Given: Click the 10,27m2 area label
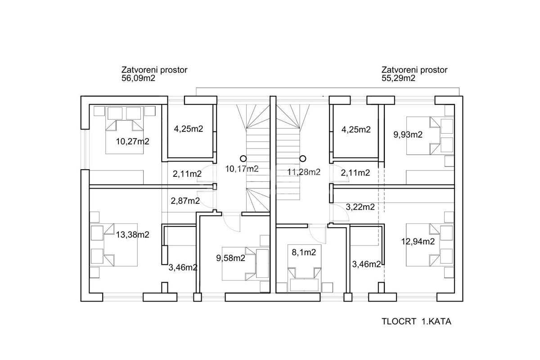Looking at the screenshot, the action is [x=133, y=141].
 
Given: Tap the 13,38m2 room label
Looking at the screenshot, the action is [x=133, y=234].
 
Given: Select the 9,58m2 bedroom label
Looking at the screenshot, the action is [x=231, y=258].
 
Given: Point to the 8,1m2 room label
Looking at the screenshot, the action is [x=304, y=252].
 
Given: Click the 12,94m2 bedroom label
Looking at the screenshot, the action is [x=418, y=241].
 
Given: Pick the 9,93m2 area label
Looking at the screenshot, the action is [x=408, y=135].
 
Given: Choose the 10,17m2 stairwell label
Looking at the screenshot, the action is [x=242, y=169].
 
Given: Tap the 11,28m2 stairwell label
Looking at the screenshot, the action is [x=304, y=172].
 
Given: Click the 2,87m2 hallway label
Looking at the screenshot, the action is [x=185, y=201].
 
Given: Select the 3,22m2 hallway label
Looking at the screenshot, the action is [x=360, y=207].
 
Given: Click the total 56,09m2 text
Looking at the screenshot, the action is [x=138, y=78].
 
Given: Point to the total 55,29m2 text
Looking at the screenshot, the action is [x=398, y=78].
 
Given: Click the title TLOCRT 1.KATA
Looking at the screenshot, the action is [x=416, y=321].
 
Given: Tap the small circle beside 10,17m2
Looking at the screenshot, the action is [x=243, y=158].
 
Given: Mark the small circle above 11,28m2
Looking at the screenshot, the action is [x=303, y=158].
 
